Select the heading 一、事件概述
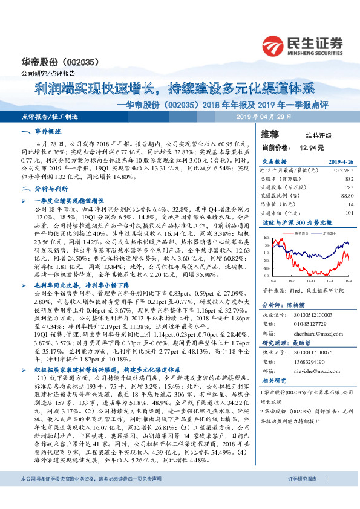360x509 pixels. (x=41, y=131)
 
